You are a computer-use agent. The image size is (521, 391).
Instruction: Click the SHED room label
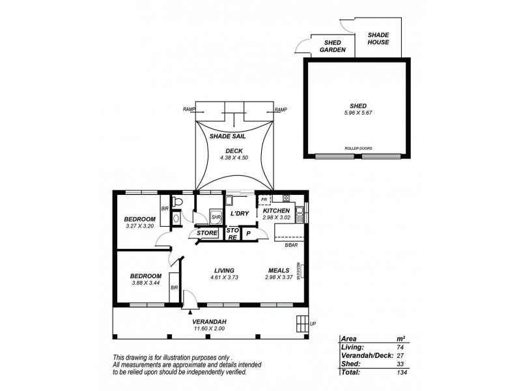click(x=358, y=106)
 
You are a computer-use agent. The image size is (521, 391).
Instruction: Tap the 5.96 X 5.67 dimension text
click(x=358, y=113)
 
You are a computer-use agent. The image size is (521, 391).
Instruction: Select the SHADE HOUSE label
click(x=378, y=38)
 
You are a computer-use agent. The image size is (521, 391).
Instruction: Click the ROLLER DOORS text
click(x=358, y=149)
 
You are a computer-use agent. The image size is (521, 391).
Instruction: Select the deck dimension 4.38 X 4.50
click(x=234, y=158)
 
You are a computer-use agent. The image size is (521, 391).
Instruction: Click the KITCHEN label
click(x=276, y=211)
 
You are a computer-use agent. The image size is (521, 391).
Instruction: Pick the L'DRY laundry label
click(x=239, y=214)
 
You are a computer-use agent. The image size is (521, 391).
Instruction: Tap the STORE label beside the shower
click(x=206, y=233)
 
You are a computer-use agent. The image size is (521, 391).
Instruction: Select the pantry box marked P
click(x=248, y=233)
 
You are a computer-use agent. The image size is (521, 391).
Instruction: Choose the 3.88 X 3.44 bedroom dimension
click(x=145, y=283)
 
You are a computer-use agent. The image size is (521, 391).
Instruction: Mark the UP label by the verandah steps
click(x=313, y=323)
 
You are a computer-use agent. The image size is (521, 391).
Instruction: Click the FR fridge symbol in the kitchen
click(x=263, y=199)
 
